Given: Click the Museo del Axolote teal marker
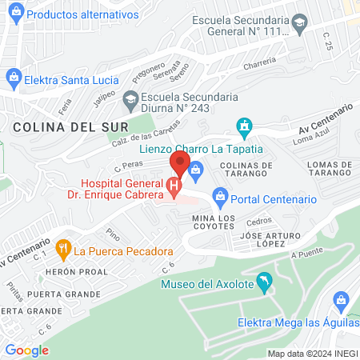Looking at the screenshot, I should point(267,282).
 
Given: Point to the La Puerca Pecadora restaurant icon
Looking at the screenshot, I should point(63,250).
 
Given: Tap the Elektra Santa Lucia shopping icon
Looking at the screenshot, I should point(13,78).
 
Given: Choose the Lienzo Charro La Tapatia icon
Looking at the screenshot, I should point(244,126).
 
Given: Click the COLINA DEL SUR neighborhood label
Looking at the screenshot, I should point(52,126).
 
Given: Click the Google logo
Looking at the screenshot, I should point(26,350).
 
